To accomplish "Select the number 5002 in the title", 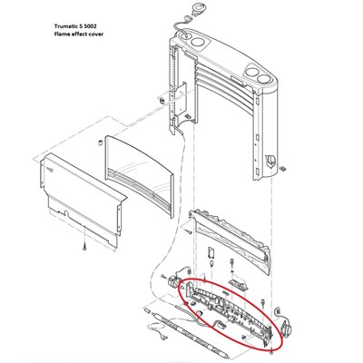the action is click(90, 25).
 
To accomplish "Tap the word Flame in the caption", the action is click(61, 34).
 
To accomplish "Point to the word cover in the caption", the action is click(95, 34).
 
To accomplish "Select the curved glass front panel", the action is click(139, 175).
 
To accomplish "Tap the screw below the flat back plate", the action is click(84, 247).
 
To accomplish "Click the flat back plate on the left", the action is click(82, 198).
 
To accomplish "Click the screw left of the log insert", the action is click(187, 231).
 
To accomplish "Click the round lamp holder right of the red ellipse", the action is click(285, 328).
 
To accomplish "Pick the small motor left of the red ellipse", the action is click(172, 280).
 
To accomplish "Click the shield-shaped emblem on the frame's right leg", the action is click(270, 161).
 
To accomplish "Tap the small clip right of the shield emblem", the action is click(283, 168).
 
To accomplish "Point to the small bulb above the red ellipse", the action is click(212, 262).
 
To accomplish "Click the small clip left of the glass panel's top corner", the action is click(99, 142).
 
